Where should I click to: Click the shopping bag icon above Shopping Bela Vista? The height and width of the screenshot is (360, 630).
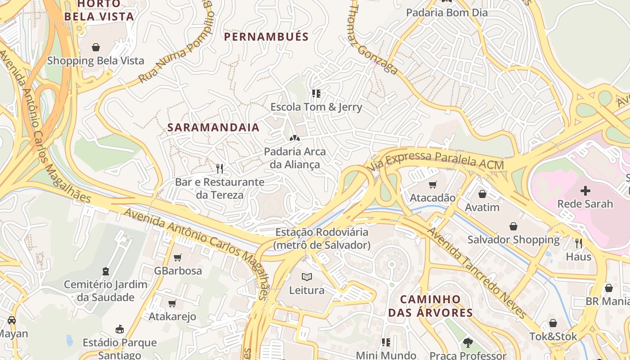click(95, 47)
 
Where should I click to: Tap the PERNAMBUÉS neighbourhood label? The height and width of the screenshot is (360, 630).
click(266, 37)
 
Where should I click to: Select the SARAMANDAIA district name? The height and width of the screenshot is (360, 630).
click(214, 127)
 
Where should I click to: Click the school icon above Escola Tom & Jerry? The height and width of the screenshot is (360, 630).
click(316, 94)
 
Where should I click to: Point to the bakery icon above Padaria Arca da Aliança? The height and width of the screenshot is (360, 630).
click(294, 138)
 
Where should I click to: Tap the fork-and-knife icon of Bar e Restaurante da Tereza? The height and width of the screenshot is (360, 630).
click(220, 169)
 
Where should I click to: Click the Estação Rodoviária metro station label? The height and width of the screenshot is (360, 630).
click(322, 238)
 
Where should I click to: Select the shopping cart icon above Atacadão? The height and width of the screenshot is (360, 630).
click(433, 184)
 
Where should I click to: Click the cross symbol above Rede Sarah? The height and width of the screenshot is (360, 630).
click(585, 190)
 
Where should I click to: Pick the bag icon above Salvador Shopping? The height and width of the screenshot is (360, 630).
click(513, 226)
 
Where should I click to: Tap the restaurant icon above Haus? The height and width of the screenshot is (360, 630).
click(579, 243)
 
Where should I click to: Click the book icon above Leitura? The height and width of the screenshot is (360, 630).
click(307, 277)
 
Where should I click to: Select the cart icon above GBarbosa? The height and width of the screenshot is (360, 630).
click(178, 257)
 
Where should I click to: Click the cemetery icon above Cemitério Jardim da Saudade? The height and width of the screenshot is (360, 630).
click(106, 271)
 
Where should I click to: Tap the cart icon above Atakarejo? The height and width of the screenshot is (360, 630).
click(172, 303)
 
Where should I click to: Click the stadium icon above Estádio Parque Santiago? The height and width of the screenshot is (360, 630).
click(120, 329)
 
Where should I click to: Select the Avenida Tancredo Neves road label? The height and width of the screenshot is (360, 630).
click(476, 273)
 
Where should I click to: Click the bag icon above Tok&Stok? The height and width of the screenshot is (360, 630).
click(553, 323)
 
